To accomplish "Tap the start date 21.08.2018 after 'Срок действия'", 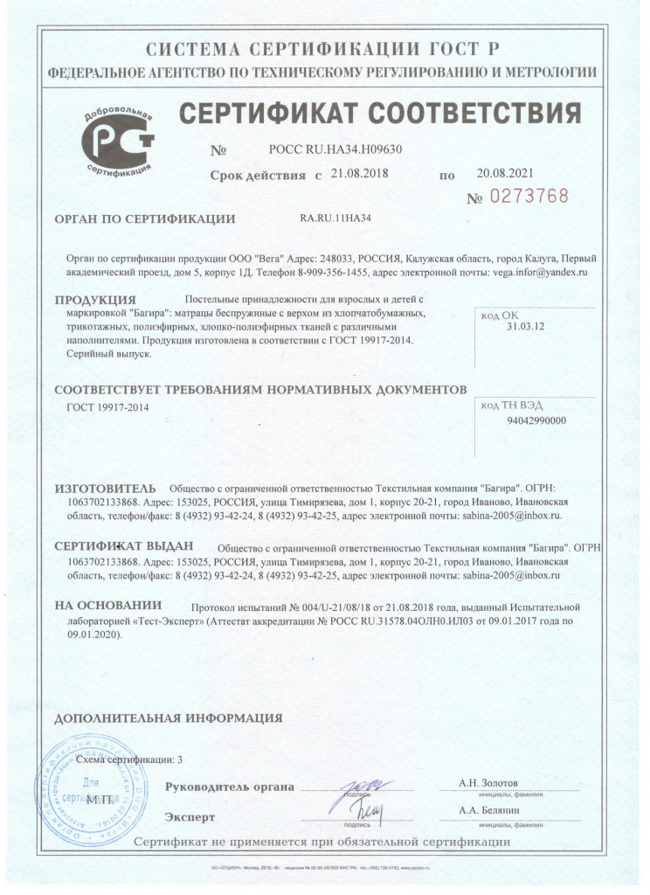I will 360,173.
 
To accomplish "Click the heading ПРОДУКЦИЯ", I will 100,301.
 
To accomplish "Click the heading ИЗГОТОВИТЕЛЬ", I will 105,488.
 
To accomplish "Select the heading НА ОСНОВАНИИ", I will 108,606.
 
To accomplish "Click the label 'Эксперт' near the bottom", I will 190,817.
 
